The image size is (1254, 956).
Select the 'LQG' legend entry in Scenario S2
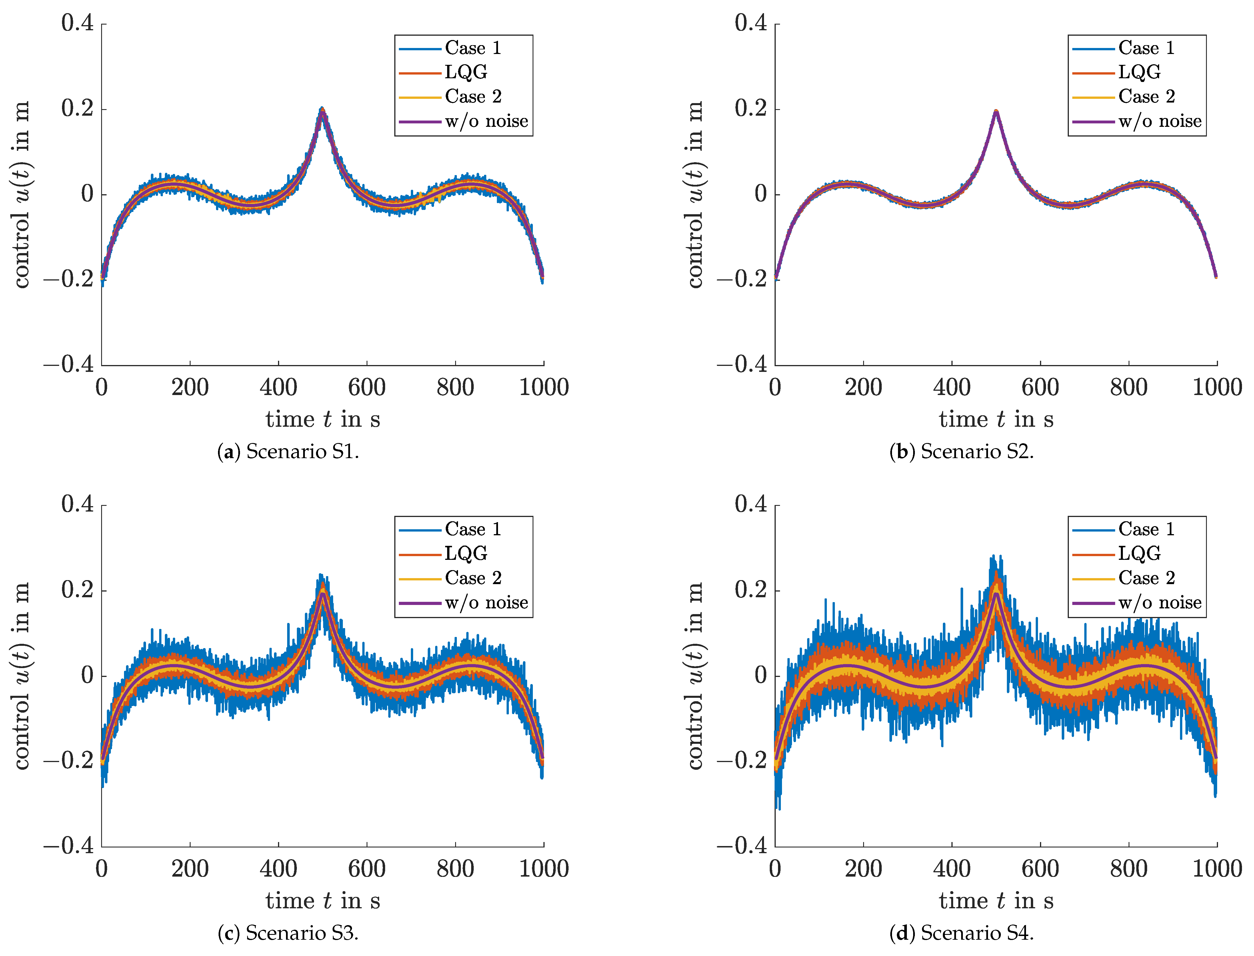pyautogui.click(x=1139, y=72)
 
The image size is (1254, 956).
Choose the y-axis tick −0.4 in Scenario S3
pyautogui.click(x=68, y=846)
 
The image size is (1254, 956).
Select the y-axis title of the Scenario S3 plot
pyautogui.click(x=22, y=676)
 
